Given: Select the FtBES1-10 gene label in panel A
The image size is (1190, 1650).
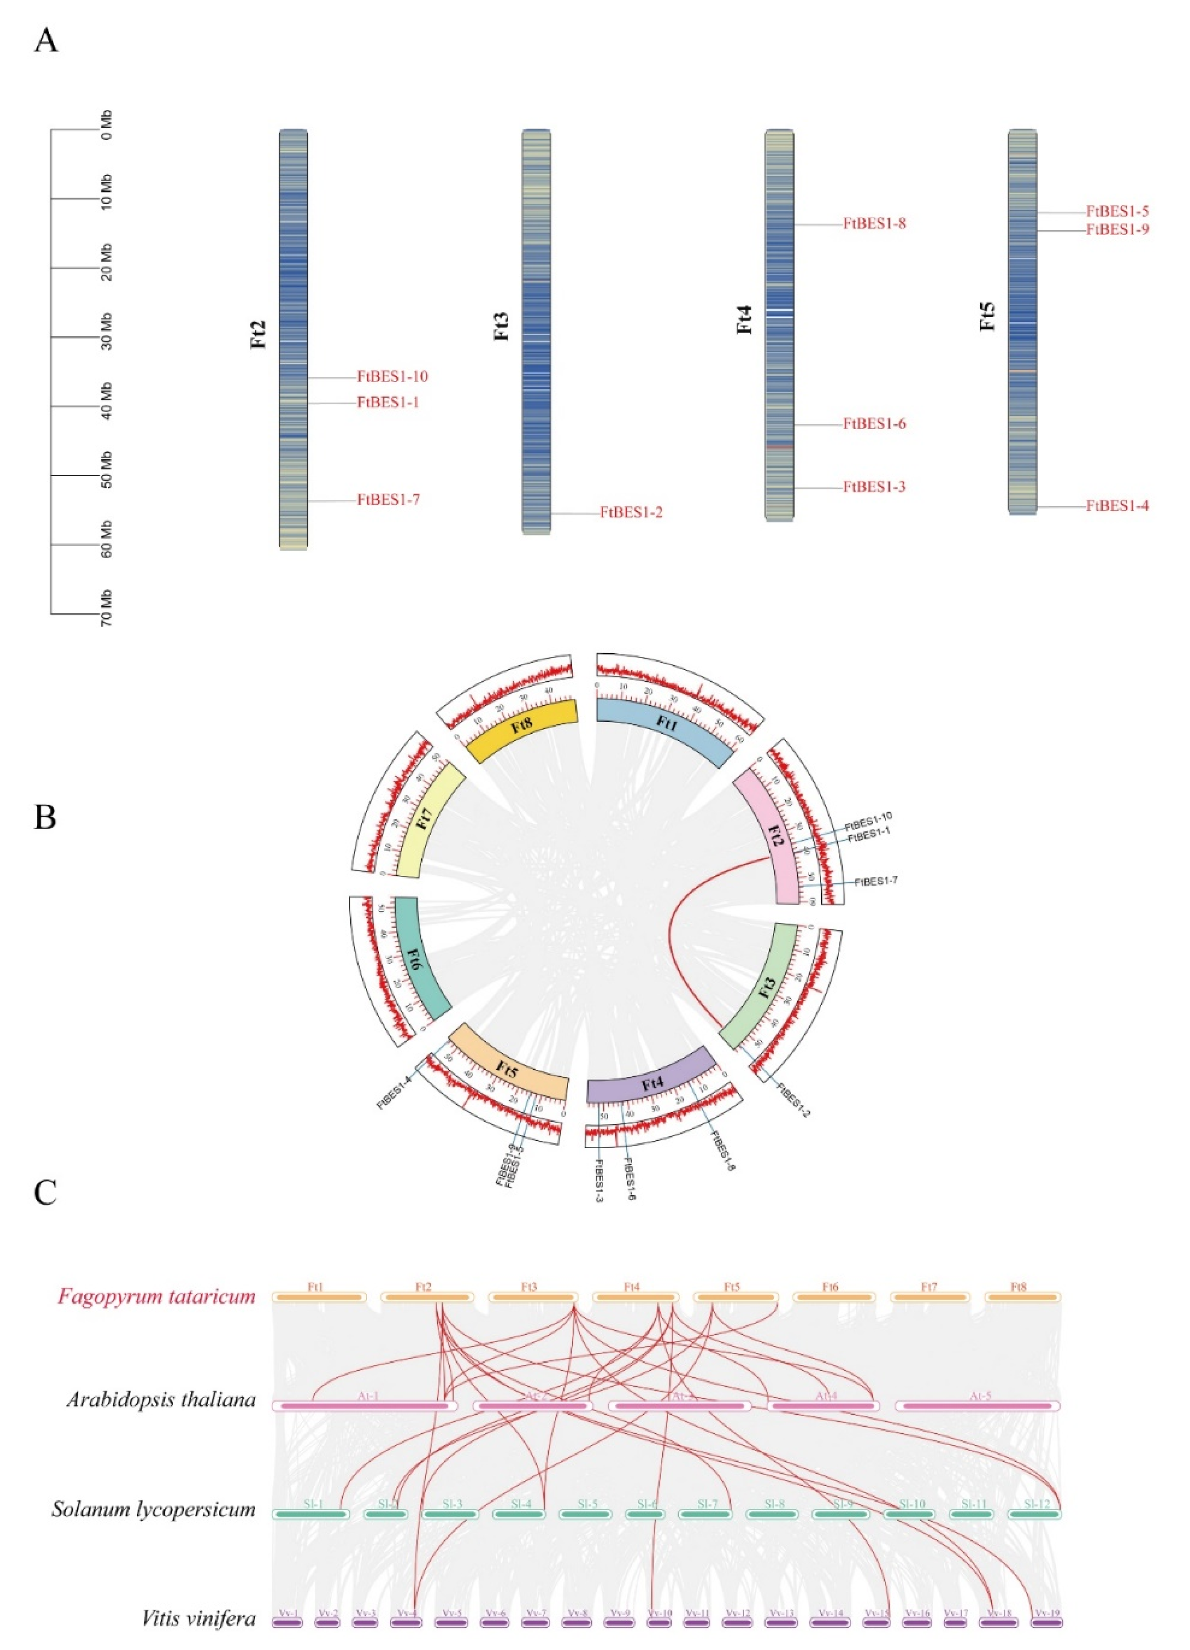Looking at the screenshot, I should [x=391, y=377].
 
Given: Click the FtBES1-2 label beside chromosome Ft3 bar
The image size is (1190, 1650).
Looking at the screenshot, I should [x=631, y=513].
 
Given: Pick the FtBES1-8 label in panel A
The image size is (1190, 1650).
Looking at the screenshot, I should [x=874, y=224].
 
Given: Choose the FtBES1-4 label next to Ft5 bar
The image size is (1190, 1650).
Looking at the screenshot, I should [x=1117, y=506].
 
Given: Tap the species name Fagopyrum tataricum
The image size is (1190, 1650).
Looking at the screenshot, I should [x=156, y=1297].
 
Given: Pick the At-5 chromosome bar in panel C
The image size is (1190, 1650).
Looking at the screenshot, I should [x=977, y=1406].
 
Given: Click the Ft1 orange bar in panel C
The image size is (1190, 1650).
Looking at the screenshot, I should [x=318, y=1297].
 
